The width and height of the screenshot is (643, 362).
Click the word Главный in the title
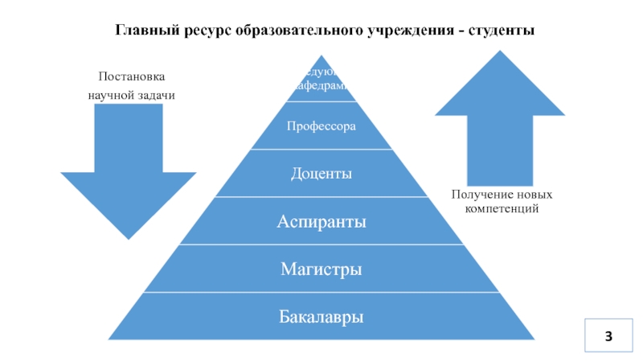[x=143, y=30]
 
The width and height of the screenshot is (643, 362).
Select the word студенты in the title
[x=503, y=30]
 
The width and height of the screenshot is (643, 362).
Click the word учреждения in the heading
[x=410, y=30]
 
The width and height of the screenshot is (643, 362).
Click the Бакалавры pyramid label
[x=321, y=317]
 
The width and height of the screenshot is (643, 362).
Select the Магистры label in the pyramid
[x=321, y=269]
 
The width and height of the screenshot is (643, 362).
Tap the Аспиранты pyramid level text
[x=321, y=220]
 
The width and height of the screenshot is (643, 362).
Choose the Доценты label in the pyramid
[x=321, y=173]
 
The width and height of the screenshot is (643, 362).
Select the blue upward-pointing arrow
[x=500, y=121]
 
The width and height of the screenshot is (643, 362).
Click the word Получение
[x=478, y=195]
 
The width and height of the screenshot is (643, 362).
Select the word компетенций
[x=502, y=208]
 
